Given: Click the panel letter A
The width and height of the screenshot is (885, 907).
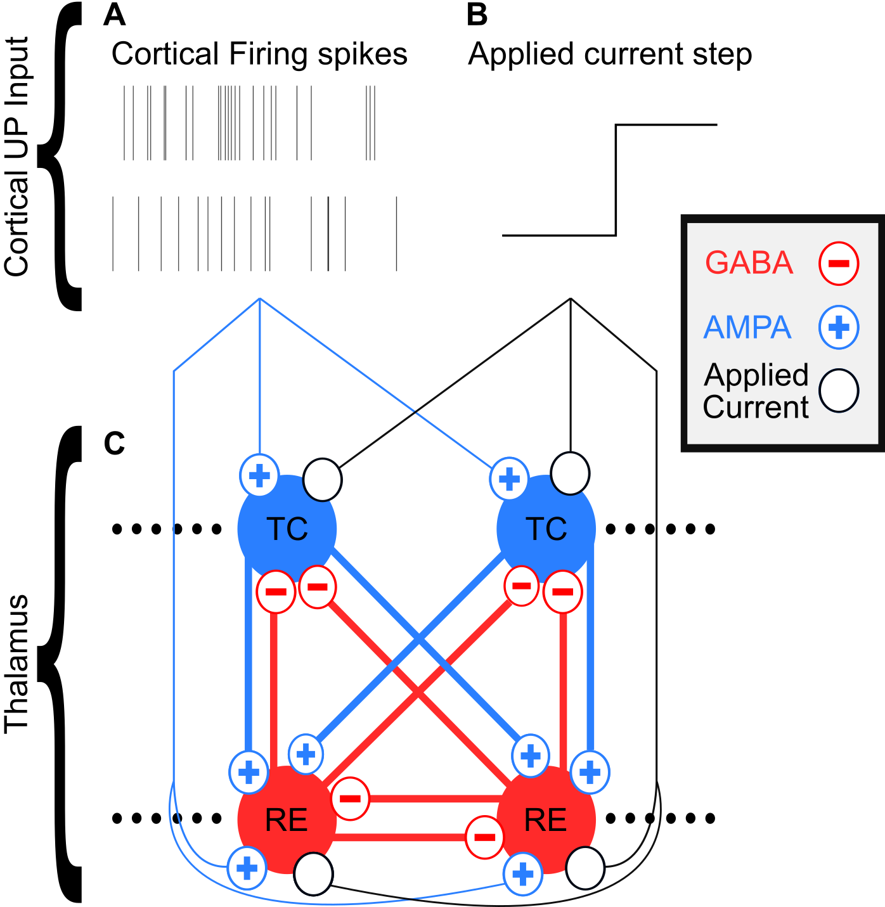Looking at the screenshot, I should pyautogui.click(x=114, y=15).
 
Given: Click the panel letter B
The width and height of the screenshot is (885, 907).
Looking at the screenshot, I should pyautogui.click(x=477, y=15).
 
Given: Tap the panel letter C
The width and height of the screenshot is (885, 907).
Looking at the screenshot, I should pyautogui.click(x=114, y=444).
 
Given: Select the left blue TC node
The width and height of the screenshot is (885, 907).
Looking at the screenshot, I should pyautogui.click(x=287, y=529).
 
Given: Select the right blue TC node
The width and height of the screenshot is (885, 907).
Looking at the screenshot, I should pyautogui.click(x=546, y=529).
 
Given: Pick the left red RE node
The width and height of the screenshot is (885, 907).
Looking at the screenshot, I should pyautogui.click(x=287, y=820).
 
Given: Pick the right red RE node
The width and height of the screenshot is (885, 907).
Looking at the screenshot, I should pyautogui.click(x=546, y=820).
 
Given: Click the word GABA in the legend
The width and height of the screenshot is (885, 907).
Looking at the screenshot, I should pyautogui.click(x=749, y=263).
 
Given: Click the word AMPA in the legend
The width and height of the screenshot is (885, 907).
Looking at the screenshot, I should pyautogui.click(x=747, y=328).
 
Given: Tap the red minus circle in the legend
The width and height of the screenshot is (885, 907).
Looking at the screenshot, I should pyautogui.click(x=839, y=263).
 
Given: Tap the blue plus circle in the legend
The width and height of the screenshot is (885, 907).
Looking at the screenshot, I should pyautogui.click(x=839, y=328).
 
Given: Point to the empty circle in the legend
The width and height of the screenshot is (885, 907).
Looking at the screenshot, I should pyautogui.click(x=839, y=391).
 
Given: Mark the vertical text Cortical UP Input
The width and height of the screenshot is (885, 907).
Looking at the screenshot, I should pyautogui.click(x=17, y=157).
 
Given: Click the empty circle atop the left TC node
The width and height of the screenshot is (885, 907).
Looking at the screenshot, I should pyautogui.click(x=323, y=480).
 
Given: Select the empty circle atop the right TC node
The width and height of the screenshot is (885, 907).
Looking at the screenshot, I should pyautogui.click(x=570, y=473).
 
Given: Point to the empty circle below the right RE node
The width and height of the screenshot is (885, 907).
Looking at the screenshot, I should pyautogui.click(x=585, y=869).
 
